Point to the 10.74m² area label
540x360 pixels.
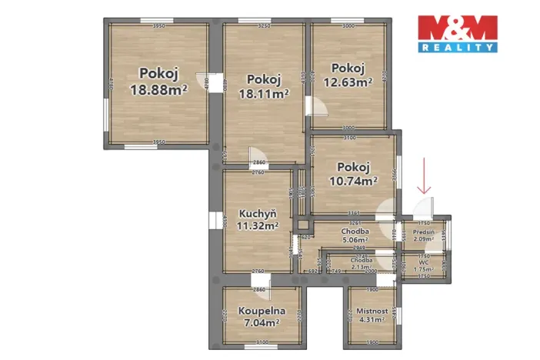tap(353, 182)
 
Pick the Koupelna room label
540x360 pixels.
tap(262, 312)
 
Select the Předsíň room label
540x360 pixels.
tap(424, 232)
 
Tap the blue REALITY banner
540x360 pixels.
tap(457, 48)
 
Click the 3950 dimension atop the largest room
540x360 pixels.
tap(158, 27)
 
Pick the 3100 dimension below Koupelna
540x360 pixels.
tap(262, 342)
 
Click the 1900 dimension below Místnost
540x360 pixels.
tap(373, 342)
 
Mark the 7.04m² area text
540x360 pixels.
tap(262, 323)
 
